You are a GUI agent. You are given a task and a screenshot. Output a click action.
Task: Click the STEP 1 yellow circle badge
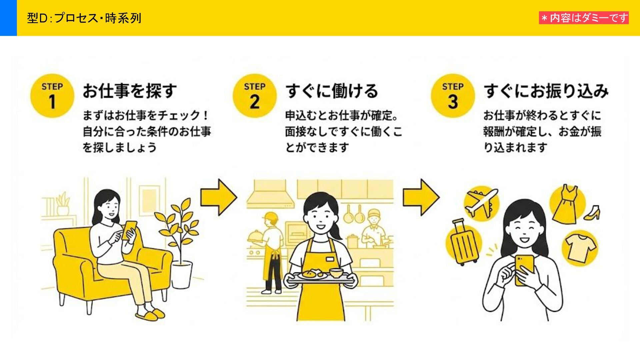pyautogui.click(x=52, y=96)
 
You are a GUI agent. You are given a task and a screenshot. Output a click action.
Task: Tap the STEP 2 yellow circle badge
pyautogui.click(x=255, y=96)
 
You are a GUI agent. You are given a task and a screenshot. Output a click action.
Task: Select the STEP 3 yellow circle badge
pyautogui.click(x=453, y=96)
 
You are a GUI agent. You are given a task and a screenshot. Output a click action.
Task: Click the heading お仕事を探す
pyautogui.click(x=130, y=91)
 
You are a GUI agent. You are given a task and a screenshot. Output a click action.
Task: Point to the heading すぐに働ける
pyautogui.click(x=332, y=91)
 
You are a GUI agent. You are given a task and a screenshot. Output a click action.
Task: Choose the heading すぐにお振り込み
pyautogui.click(x=546, y=91)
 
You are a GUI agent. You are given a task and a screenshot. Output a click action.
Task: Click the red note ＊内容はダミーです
pyautogui.click(x=584, y=18)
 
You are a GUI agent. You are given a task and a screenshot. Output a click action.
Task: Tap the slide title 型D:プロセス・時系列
pyautogui.click(x=84, y=18)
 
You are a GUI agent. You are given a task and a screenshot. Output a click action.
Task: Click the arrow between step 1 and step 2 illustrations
pyautogui.click(x=218, y=197)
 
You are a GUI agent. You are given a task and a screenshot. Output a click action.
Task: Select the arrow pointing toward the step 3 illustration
pyautogui.click(x=421, y=197)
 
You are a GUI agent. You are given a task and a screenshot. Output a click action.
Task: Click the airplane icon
pyautogui.click(x=481, y=202)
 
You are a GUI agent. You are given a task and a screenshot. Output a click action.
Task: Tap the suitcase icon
pyautogui.click(x=464, y=243)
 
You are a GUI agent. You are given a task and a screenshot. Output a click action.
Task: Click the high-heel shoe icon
pyautogui.click(x=593, y=213)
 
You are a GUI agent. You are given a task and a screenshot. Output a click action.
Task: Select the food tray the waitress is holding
pyautogui.click(x=320, y=276)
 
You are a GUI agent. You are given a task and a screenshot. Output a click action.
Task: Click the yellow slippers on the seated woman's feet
pyautogui.click(x=150, y=314)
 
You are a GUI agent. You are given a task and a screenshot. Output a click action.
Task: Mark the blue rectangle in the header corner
pyautogui.click(x=8, y=18)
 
